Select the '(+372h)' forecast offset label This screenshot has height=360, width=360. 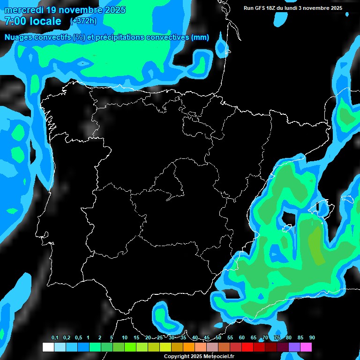(84, 21)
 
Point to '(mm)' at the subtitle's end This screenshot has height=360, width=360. (200, 37)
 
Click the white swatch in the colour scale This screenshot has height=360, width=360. (48, 347)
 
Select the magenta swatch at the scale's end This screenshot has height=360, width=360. (306, 347)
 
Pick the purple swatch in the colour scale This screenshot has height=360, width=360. (294, 347)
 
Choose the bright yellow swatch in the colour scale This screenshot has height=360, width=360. (165, 347)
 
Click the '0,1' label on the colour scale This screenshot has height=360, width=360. (55, 338)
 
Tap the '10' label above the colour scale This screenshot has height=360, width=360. (125, 338)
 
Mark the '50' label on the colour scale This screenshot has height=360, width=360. (218, 338)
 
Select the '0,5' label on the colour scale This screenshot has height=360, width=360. (78, 338)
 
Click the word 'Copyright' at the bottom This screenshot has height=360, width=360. (176, 357)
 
